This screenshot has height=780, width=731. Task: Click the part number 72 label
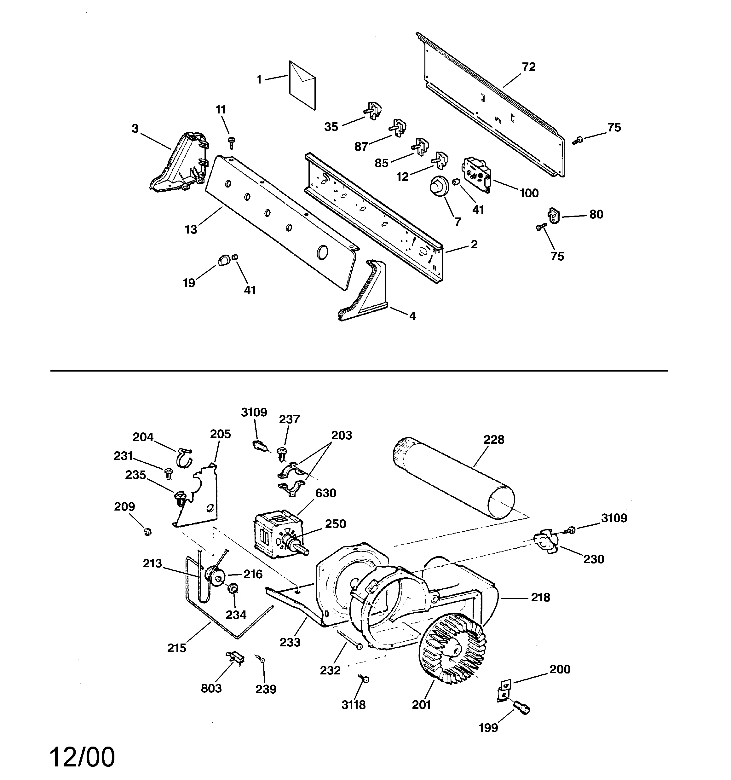coord(528,67)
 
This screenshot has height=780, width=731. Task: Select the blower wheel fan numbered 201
coord(452,649)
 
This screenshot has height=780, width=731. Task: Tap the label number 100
coord(529,193)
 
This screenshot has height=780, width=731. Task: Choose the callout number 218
coord(540,598)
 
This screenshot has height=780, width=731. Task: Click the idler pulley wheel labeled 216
coord(215,576)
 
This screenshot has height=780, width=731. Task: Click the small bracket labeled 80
coord(553,215)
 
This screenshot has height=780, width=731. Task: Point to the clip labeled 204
coord(184,457)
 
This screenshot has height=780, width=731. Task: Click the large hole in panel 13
coord(322,252)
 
